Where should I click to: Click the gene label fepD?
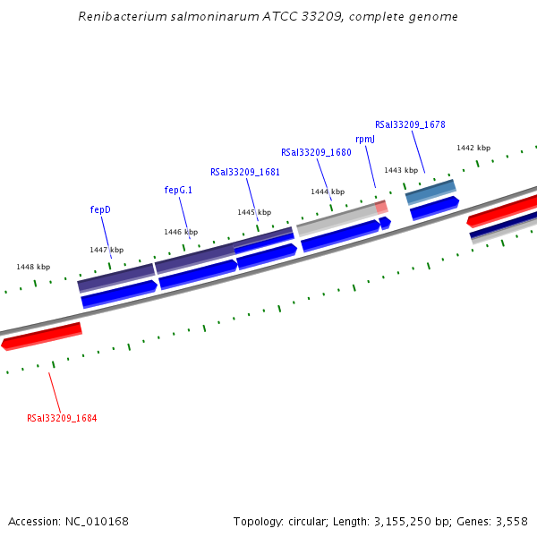point(100,209)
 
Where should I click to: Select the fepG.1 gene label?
point(178,190)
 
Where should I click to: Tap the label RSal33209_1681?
point(244,172)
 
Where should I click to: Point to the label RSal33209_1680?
point(316,152)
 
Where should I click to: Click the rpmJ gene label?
point(365,139)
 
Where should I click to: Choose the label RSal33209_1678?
point(410,124)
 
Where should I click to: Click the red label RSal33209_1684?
point(62,418)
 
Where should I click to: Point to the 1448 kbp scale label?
point(33,267)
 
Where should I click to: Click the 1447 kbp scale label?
point(107,250)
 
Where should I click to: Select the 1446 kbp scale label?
point(181,232)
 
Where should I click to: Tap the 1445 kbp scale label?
point(254,212)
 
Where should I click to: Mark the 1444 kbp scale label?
point(328,192)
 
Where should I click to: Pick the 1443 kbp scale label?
point(401,170)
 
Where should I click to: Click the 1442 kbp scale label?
point(473,148)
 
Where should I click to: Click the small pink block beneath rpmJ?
point(381,207)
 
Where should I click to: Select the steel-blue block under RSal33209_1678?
point(430,191)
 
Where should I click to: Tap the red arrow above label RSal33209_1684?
point(42,336)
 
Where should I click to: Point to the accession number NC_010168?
point(98,521)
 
